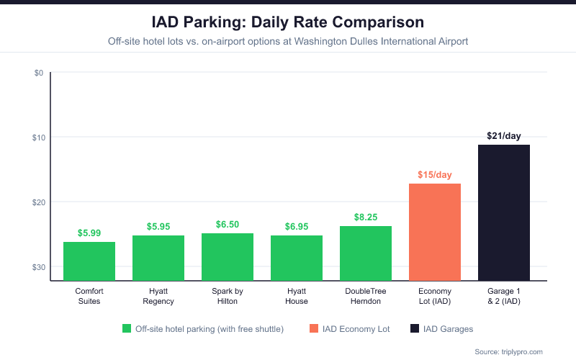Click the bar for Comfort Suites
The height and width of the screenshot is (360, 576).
[x=89, y=261]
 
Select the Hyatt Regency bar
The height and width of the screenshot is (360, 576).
[x=158, y=258]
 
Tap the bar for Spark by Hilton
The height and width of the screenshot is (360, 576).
[x=228, y=256]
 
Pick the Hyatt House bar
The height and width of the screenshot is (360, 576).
[x=297, y=258]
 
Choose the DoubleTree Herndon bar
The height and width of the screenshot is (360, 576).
[x=366, y=253]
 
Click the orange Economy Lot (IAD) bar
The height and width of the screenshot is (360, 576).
[x=435, y=232]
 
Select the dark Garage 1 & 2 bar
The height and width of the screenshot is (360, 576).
[x=504, y=212]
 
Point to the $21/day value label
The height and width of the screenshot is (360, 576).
[x=504, y=135]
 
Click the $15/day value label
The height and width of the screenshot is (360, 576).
[x=435, y=174]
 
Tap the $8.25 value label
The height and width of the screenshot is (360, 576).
[x=366, y=217]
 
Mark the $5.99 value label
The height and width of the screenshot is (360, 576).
[x=89, y=233]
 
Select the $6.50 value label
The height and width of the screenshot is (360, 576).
[x=228, y=225]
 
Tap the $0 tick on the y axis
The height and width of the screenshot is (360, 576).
[x=39, y=73]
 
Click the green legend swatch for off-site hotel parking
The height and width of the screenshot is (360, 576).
[x=127, y=328]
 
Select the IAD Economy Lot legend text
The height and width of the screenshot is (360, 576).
[x=358, y=328]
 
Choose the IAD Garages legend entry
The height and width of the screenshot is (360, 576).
[x=448, y=328]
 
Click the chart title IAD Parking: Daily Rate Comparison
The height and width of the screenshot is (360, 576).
[x=288, y=22]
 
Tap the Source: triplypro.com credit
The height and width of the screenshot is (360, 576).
[x=508, y=351]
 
